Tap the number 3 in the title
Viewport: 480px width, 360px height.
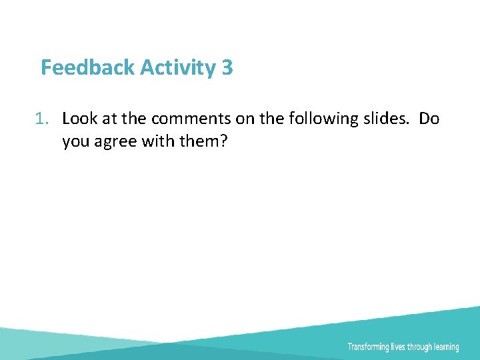227,67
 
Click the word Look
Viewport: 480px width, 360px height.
79,119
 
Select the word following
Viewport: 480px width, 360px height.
315,119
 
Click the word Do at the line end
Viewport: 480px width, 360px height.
429,119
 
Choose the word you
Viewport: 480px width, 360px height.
75,141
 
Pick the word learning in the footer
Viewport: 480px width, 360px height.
446,347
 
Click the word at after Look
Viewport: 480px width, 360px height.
110,119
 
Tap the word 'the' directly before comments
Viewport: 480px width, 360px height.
136,119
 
